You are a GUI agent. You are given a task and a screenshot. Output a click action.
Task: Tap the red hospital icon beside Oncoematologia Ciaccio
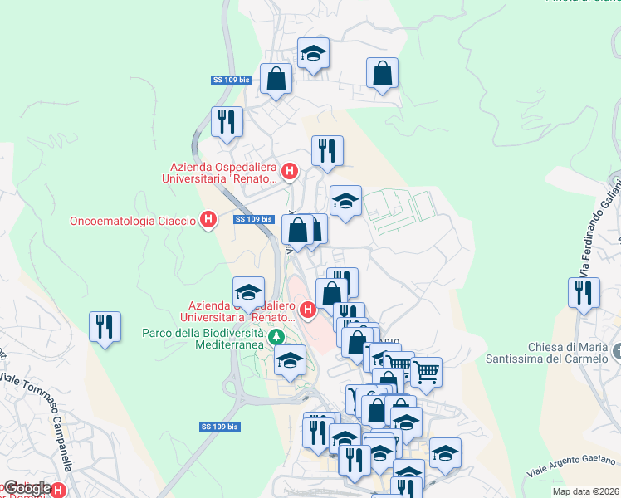point(209,220)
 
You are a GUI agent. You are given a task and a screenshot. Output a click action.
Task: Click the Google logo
point(27,489)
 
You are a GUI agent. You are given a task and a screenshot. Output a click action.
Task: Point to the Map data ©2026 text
point(585,491)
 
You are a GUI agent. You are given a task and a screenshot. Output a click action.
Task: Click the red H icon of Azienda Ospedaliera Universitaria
point(290,172)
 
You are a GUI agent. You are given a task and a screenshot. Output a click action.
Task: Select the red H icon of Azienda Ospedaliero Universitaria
point(308,311)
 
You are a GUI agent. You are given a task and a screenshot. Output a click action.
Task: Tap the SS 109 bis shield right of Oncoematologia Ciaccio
point(253,220)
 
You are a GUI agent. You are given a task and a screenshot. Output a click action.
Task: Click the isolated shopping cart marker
point(426,371)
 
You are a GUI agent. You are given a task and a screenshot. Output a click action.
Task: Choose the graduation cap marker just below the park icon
point(290,360)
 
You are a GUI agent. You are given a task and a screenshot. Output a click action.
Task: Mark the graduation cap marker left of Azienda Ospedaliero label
point(248,291)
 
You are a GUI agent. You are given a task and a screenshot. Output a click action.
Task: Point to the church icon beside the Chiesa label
point(615,352)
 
